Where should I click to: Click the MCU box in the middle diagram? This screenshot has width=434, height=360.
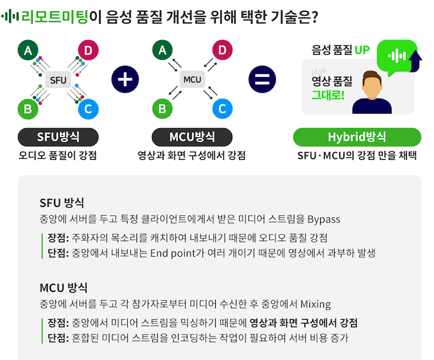[192, 80]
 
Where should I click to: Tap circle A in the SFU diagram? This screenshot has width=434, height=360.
[28, 51]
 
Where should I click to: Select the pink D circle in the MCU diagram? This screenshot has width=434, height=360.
[221, 51]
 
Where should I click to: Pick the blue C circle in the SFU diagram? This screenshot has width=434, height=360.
[87, 109]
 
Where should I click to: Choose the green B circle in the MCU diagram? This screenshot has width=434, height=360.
[162, 109]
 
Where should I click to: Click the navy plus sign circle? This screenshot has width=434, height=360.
[125, 80]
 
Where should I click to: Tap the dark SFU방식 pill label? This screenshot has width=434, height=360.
[58, 137]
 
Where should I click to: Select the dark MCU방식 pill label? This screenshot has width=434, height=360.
[192, 137]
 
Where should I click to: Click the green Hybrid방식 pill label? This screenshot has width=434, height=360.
[357, 137]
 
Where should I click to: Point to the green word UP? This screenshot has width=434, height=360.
[362, 49]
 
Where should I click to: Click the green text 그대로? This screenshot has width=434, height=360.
[327, 95]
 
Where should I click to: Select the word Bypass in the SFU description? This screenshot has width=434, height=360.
[323, 219]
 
